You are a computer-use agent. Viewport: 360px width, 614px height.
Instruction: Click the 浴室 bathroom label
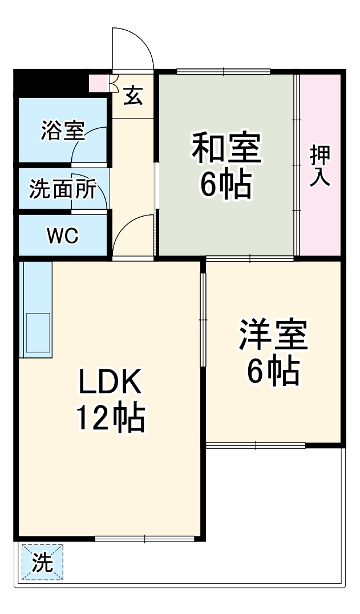coord(62,131)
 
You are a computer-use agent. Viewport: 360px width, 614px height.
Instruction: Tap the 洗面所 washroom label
coord(62,189)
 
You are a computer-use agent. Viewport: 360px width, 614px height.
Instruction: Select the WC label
coord(62,235)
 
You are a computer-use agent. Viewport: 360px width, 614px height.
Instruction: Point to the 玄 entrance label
coord(132,95)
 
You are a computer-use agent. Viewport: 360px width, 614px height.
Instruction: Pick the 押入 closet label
coord(320,166)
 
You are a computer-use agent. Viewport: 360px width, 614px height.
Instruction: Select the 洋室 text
coord(273,336)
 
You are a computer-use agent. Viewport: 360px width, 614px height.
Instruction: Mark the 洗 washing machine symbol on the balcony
coord(42,563)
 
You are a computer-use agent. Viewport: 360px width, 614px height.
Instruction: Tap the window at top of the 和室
coord(223,72)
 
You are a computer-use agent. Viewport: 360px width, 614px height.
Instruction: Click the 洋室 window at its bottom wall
coord(256,445)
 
